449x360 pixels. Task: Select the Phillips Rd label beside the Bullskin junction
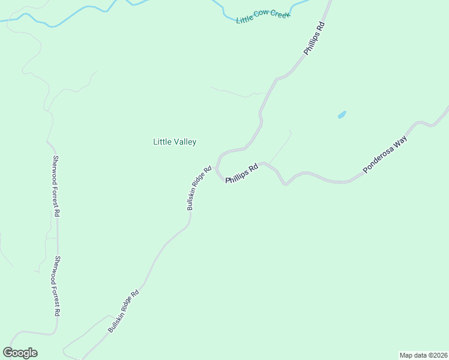[241, 173]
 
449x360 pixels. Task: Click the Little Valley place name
[175, 142]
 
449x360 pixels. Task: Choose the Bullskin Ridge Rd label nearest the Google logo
[124, 311]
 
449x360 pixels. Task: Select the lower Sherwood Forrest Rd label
[58, 286]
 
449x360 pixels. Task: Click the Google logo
[20, 353]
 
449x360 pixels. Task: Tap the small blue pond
[342, 115]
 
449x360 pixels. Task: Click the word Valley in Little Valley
[184, 142]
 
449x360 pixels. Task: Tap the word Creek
[279, 13]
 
